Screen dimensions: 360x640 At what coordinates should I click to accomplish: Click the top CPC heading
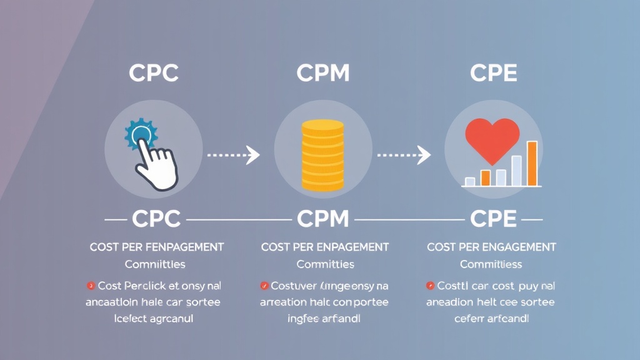[154, 73]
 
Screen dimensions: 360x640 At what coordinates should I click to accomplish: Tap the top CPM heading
[322, 73]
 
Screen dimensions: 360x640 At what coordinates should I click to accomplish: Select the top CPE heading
[493, 73]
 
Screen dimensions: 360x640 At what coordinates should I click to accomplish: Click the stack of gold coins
[322, 154]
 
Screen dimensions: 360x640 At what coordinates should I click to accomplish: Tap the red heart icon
[492, 139]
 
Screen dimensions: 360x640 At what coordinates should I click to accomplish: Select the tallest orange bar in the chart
[532, 164]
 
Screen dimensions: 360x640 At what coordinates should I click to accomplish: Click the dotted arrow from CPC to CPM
[232, 154]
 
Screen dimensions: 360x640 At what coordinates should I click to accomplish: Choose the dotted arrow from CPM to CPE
[404, 154]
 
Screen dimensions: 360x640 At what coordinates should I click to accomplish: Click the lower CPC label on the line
[156, 219]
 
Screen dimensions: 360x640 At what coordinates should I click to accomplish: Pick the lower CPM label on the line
[322, 219]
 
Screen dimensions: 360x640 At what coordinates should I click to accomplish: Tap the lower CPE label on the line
[493, 219]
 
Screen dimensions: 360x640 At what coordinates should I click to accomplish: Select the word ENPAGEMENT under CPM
[354, 247]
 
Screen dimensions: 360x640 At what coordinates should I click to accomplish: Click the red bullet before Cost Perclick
[91, 286]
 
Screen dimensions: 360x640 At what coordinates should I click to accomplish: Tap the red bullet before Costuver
[264, 286]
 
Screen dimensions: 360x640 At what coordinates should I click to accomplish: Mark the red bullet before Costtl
[430, 286]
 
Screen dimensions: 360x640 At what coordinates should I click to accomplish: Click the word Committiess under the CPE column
[491, 264]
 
